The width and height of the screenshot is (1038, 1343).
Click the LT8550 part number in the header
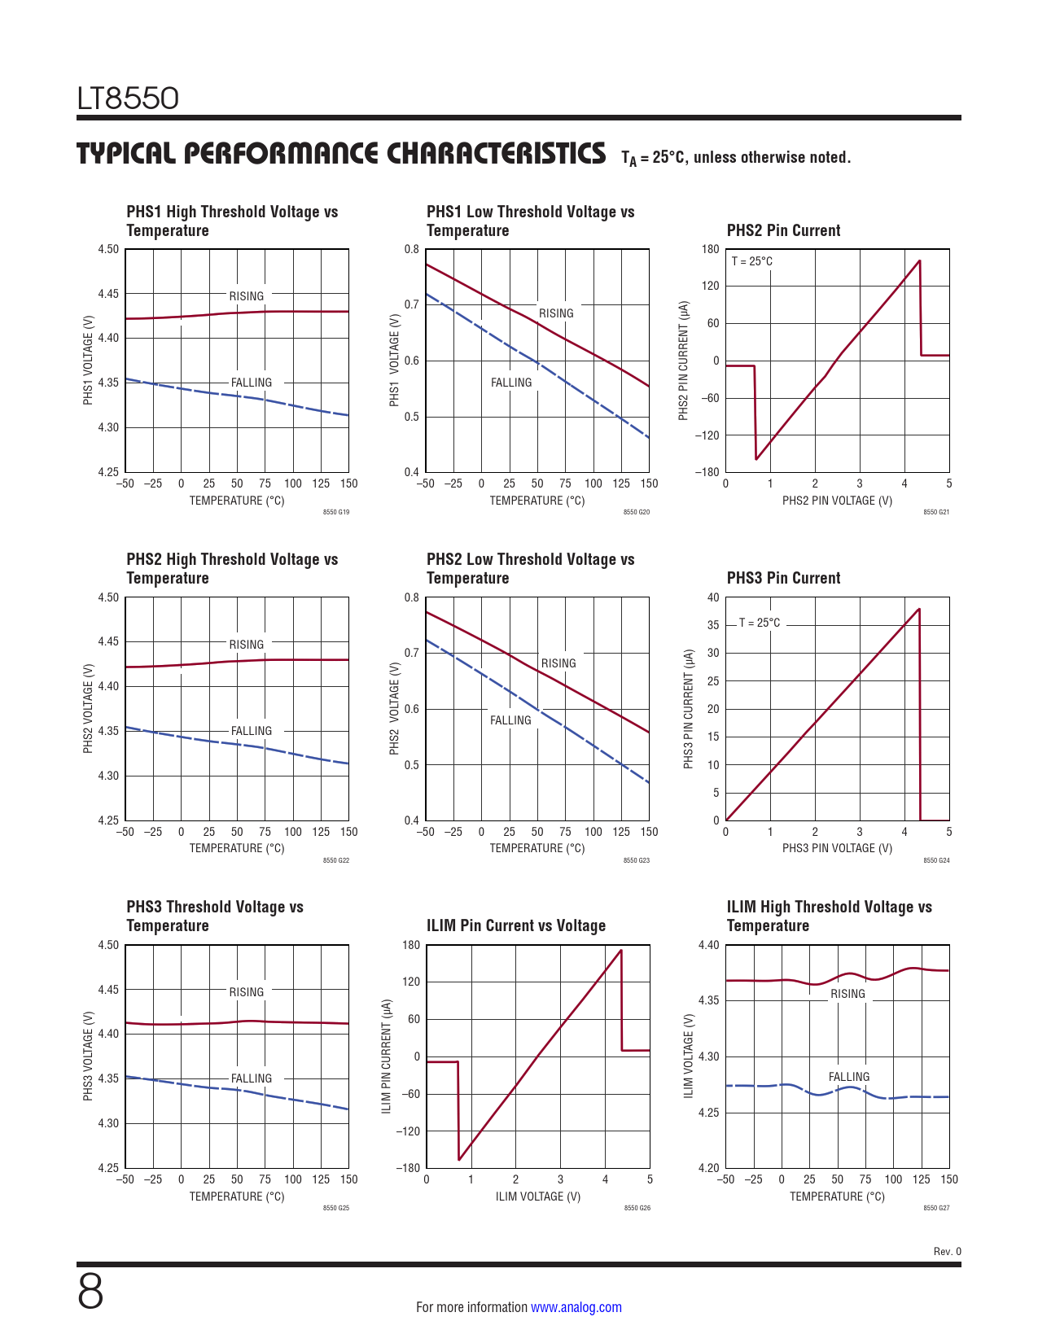coord(128,98)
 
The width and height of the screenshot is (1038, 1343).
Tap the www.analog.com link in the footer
coord(576,1307)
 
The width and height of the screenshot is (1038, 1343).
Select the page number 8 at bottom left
coord(90,1291)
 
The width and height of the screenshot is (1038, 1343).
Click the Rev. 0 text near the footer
coord(947,1252)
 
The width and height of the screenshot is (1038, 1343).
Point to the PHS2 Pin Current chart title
coord(783,230)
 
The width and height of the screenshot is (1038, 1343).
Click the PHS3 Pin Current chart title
coord(783,578)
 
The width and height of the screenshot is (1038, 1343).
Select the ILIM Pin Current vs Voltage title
coord(516,925)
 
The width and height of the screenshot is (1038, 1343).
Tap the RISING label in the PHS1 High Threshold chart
coord(246,296)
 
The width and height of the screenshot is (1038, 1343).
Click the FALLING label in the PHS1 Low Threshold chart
coord(511,383)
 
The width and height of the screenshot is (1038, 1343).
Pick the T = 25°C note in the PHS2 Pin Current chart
coord(751,261)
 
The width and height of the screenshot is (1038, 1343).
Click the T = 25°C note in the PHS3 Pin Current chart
coord(759,623)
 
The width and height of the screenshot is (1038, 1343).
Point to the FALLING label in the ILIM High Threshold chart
coord(849,1077)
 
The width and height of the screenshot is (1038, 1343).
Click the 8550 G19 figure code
coord(335,512)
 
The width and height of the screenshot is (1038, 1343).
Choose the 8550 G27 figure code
coord(936,1208)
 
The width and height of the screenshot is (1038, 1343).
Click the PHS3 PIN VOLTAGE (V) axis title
coord(837,848)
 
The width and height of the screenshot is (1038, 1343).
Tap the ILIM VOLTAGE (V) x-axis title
coord(538,1196)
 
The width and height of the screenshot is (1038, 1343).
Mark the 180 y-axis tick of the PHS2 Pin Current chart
coord(710,249)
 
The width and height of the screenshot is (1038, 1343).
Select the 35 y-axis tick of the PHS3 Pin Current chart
coord(713,625)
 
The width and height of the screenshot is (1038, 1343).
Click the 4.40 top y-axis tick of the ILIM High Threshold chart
coord(709,945)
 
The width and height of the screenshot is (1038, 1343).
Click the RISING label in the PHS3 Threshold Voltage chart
coord(246,992)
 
